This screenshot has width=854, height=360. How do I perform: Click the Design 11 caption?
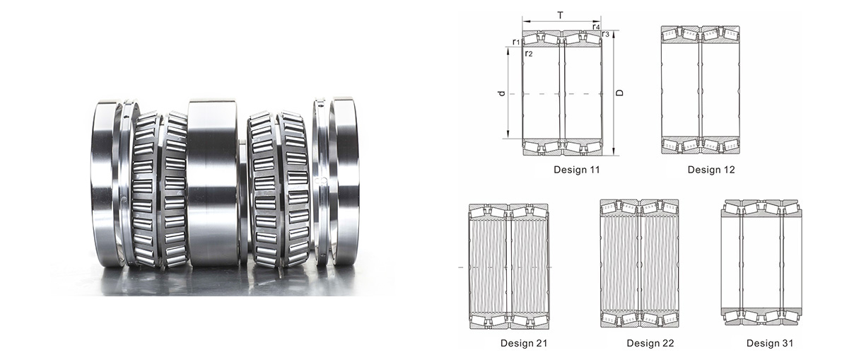point(576,170)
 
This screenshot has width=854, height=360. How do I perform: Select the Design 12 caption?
point(711,170)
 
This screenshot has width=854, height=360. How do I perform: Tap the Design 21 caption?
point(524,343)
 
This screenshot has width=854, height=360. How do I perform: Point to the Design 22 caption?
point(650,343)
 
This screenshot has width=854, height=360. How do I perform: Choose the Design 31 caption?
point(770,343)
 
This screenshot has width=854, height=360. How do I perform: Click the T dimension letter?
point(560,16)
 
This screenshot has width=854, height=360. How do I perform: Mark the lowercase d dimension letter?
point(502,93)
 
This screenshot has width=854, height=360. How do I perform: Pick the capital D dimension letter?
point(620,93)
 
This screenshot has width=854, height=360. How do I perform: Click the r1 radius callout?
point(516,42)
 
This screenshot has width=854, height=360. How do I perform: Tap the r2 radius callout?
point(528,53)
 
